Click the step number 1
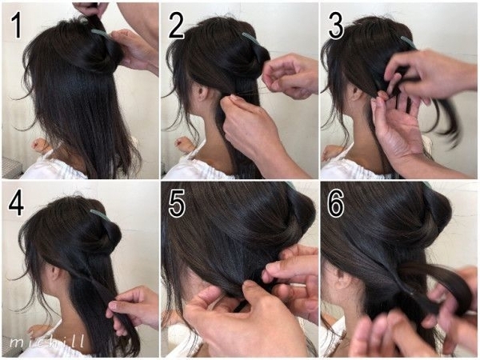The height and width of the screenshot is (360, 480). tap(16, 26)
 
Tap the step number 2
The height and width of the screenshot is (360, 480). tap(176, 26)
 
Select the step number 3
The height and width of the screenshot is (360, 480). tap(336, 26)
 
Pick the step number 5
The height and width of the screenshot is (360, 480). tap(177, 203)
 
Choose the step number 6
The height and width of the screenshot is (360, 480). tap(336, 203)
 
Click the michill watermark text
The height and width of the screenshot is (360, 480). tap(46, 342)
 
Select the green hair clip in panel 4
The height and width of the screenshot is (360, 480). tap(99, 214)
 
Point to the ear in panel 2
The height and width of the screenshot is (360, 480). tap(202, 91)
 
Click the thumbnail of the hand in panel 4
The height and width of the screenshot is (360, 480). tap(113, 306)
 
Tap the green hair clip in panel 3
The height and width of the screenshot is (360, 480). tap(408, 42)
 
